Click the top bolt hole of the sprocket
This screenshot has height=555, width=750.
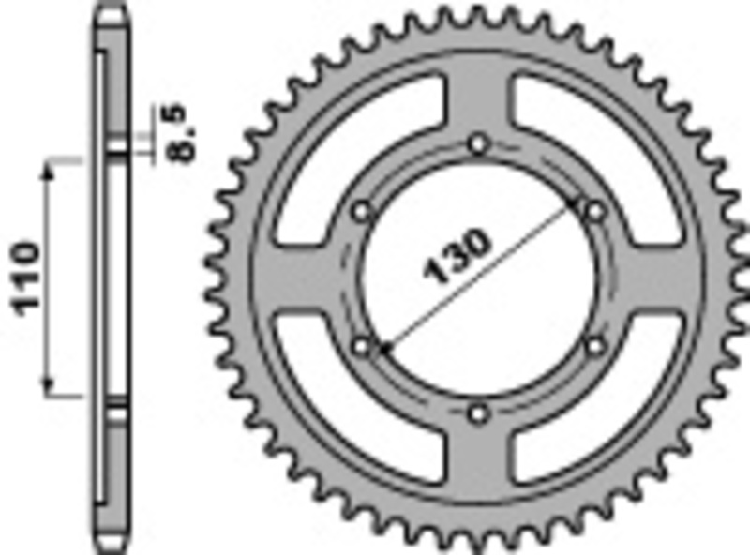pos(479,144)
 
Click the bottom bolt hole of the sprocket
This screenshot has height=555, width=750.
pos(479,413)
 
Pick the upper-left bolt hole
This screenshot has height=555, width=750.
pos(362,212)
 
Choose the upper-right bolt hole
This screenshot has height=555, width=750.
pos(594,212)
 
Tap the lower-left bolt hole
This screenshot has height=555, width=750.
pos(363,347)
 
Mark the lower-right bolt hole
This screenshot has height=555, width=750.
pos(594,346)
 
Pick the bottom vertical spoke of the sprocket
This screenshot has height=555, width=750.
pos(479,459)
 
